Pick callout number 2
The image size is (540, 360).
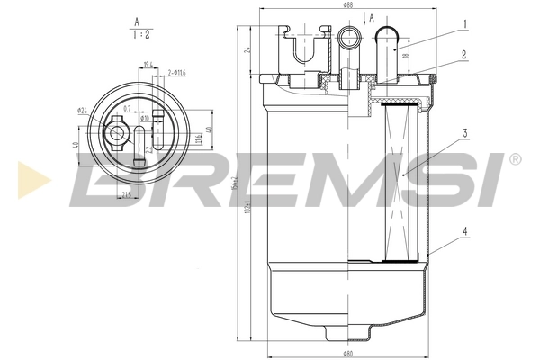[463, 55]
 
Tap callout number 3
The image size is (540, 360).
[463, 134]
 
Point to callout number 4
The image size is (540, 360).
[463, 230]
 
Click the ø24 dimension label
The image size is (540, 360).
[83, 112]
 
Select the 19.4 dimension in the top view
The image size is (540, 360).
[148, 65]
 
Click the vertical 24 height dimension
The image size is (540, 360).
[247, 50]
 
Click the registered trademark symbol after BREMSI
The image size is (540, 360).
[514, 159]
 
